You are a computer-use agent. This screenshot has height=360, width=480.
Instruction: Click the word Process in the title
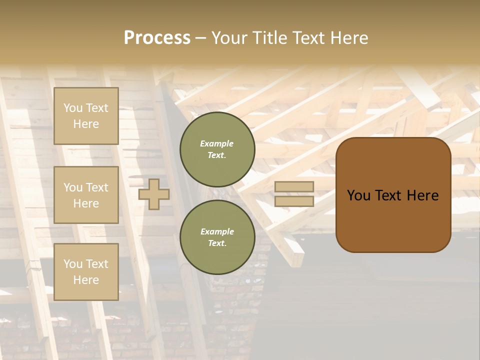point(157,38)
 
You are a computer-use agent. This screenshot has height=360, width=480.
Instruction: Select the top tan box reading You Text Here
point(86,116)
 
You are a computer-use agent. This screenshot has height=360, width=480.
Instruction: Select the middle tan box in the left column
point(86,195)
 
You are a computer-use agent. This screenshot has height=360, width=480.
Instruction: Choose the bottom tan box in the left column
point(86,272)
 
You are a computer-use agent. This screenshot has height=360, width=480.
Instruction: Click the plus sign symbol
point(154,194)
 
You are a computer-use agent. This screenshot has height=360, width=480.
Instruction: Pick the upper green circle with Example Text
point(217,149)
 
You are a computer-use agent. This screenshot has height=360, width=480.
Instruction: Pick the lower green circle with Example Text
point(217,237)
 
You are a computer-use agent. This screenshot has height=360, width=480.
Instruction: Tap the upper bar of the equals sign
point(294,187)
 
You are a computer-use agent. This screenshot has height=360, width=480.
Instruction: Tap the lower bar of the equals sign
point(294,201)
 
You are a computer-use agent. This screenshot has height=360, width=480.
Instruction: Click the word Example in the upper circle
point(217,144)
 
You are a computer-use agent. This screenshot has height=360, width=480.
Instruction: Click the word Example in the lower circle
point(217,232)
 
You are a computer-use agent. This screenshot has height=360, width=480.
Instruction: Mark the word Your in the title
point(230,38)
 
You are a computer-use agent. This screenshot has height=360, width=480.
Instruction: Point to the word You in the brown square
point(359,195)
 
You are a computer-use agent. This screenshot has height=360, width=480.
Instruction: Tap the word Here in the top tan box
point(86,124)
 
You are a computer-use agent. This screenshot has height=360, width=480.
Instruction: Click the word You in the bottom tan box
point(73,264)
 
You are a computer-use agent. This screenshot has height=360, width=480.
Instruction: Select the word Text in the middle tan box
point(97,187)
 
